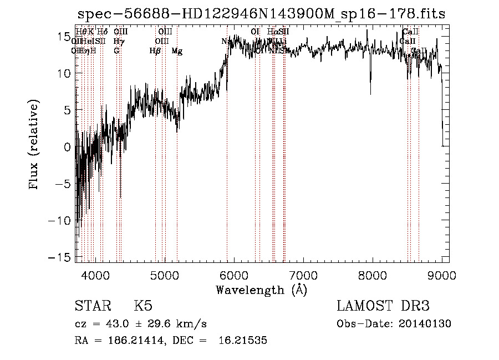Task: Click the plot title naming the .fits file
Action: point(261,14)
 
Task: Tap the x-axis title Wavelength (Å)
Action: point(261,290)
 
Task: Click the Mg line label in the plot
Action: point(177,52)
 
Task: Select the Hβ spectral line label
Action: point(155,51)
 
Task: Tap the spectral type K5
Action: point(143,307)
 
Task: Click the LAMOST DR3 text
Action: point(383,307)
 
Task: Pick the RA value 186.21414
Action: point(134,341)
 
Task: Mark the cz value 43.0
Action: point(123,324)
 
